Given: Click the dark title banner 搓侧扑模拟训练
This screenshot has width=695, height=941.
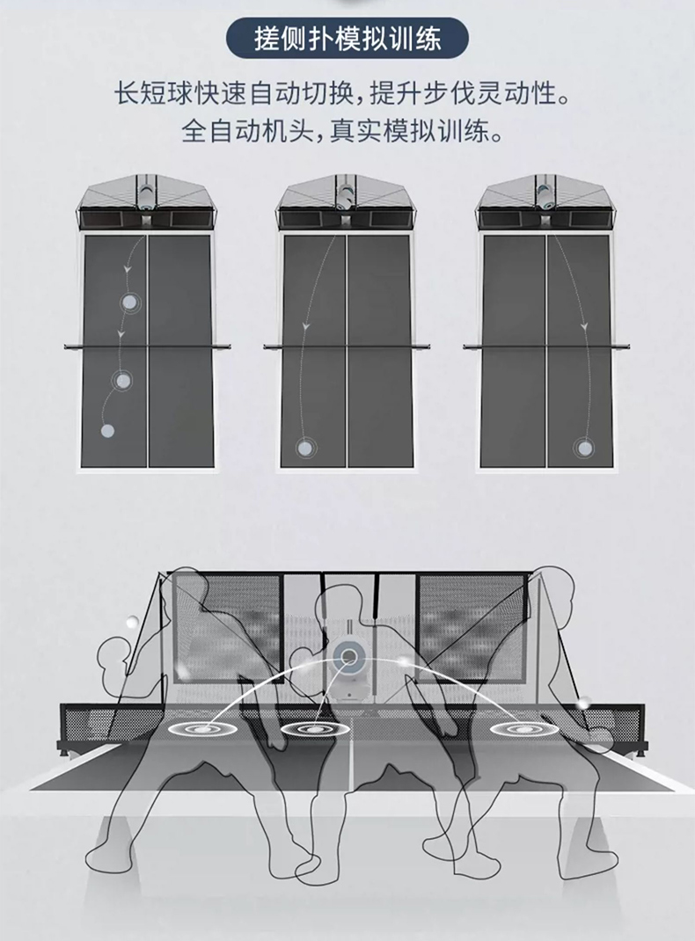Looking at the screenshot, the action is point(347,40).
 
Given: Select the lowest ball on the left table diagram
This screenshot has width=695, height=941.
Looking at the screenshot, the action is point(107,431).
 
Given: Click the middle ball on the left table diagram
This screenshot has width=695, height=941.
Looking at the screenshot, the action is point(121,380).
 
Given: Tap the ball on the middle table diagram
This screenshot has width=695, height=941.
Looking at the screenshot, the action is point(304,448).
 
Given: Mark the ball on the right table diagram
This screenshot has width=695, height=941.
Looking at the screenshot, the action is point(583,448).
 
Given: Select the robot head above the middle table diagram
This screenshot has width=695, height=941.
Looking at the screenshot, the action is point(346,193).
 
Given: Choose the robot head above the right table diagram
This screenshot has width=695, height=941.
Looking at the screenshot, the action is point(545,193).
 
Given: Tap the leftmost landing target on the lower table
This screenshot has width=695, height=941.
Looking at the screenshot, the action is point(203,728).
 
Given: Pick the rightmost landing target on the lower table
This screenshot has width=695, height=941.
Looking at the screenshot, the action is point(511,728).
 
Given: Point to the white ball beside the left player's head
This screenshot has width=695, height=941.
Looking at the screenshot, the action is point(132,623).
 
